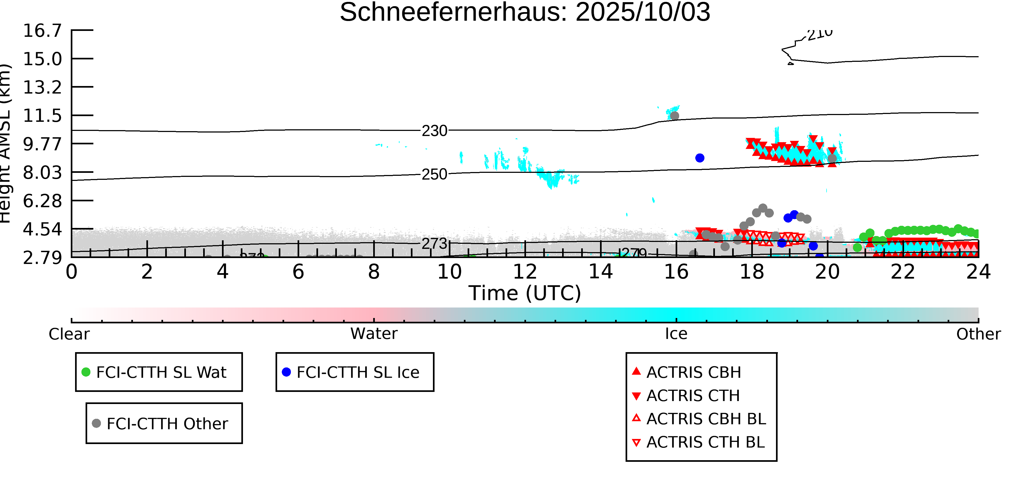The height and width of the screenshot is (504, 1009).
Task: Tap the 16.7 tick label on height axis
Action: tap(42, 31)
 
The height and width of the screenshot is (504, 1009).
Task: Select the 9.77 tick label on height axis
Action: tap(42, 144)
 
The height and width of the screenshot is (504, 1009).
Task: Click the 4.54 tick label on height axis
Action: tap(42, 229)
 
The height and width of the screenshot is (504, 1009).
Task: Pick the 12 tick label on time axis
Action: tap(525, 272)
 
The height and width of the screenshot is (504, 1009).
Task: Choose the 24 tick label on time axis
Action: tap(978, 272)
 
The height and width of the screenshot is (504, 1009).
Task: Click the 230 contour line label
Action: tap(434, 131)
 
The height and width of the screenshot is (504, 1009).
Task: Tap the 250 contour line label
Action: tap(434, 174)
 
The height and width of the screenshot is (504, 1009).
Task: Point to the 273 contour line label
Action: tap(434, 243)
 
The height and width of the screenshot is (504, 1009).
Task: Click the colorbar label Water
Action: tap(374, 334)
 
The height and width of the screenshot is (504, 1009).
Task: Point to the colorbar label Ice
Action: tap(676, 334)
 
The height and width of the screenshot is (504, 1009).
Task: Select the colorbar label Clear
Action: tap(69, 334)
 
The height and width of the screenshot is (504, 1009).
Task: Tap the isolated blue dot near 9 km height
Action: tap(700, 158)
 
